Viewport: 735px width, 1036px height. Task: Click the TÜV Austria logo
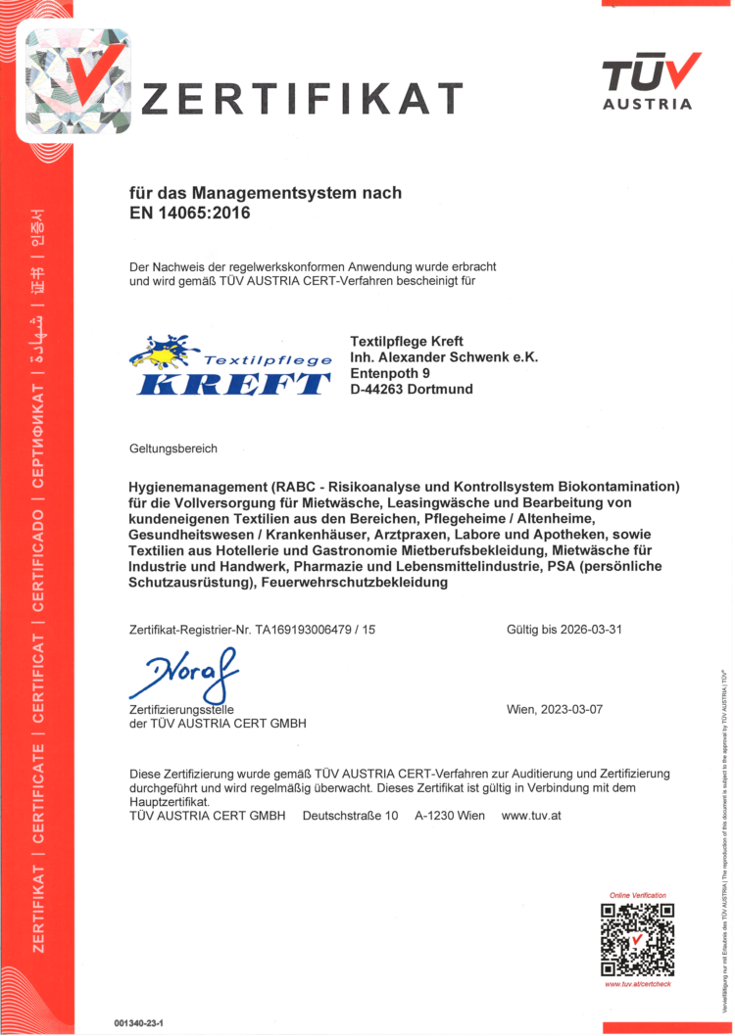652,81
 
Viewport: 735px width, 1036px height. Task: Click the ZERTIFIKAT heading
303,99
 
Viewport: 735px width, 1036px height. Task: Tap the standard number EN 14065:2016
190,212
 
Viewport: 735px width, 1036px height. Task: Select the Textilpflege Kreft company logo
231,365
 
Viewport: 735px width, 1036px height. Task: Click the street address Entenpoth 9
390,373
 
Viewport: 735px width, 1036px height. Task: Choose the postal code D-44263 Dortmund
412,389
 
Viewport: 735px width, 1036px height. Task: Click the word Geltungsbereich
173,448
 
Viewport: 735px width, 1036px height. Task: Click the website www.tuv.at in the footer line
531,815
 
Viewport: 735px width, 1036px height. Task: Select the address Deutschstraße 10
350,815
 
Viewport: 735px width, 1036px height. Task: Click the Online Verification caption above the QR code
637,895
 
